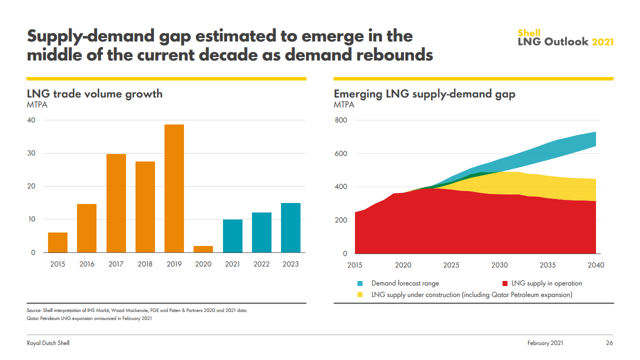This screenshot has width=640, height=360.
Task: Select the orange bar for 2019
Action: click(x=174, y=188)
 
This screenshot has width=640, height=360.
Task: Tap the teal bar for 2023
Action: click(x=290, y=227)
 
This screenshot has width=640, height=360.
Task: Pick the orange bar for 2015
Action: click(x=57, y=242)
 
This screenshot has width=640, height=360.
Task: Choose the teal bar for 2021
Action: click(x=232, y=236)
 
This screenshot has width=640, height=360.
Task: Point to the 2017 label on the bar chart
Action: click(x=116, y=264)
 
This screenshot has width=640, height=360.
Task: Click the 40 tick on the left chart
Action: click(x=31, y=120)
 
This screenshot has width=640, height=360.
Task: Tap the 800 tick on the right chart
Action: click(x=340, y=120)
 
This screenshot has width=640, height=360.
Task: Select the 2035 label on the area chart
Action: click(x=547, y=265)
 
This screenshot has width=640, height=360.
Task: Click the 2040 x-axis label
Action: click(x=596, y=265)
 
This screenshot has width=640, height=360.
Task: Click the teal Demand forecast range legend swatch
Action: click(x=360, y=283)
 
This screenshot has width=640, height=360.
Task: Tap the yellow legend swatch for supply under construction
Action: click(x=360, y=295)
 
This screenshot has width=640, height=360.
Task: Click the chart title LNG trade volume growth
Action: click(x=94, y=93)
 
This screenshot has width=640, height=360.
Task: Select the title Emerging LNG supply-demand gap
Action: click(x=424, y=93)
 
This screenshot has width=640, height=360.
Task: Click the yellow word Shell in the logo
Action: click(x=529, y=33)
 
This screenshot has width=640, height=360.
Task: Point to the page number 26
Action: click(x=609, y=343)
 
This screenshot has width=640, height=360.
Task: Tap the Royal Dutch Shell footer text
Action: click(x=48, y=343)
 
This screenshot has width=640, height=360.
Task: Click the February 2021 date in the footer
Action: click(x=545, y=343)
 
